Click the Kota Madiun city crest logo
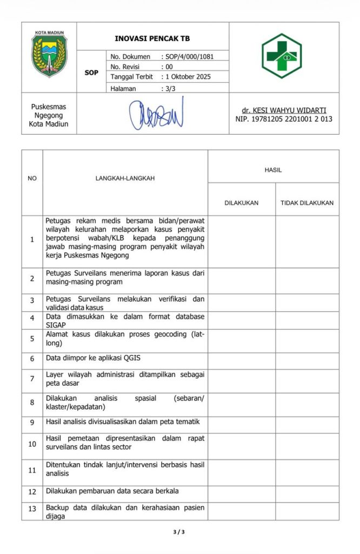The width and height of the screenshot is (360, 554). (49, 56)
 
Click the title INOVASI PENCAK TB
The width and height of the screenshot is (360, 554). (152, 39)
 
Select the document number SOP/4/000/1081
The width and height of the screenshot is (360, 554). (194, 56)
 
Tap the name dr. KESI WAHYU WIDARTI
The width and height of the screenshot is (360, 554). (284, 110)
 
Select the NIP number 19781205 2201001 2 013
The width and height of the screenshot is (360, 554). (284, 119)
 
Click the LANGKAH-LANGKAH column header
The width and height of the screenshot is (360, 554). (125, 178)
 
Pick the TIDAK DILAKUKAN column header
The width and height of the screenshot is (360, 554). (306, 203)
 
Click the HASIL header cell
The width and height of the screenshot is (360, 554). (273, 170)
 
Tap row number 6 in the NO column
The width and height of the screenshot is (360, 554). (32, 359)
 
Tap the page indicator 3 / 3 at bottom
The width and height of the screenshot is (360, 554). (179, 532)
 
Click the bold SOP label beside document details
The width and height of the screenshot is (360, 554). (91, 72)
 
